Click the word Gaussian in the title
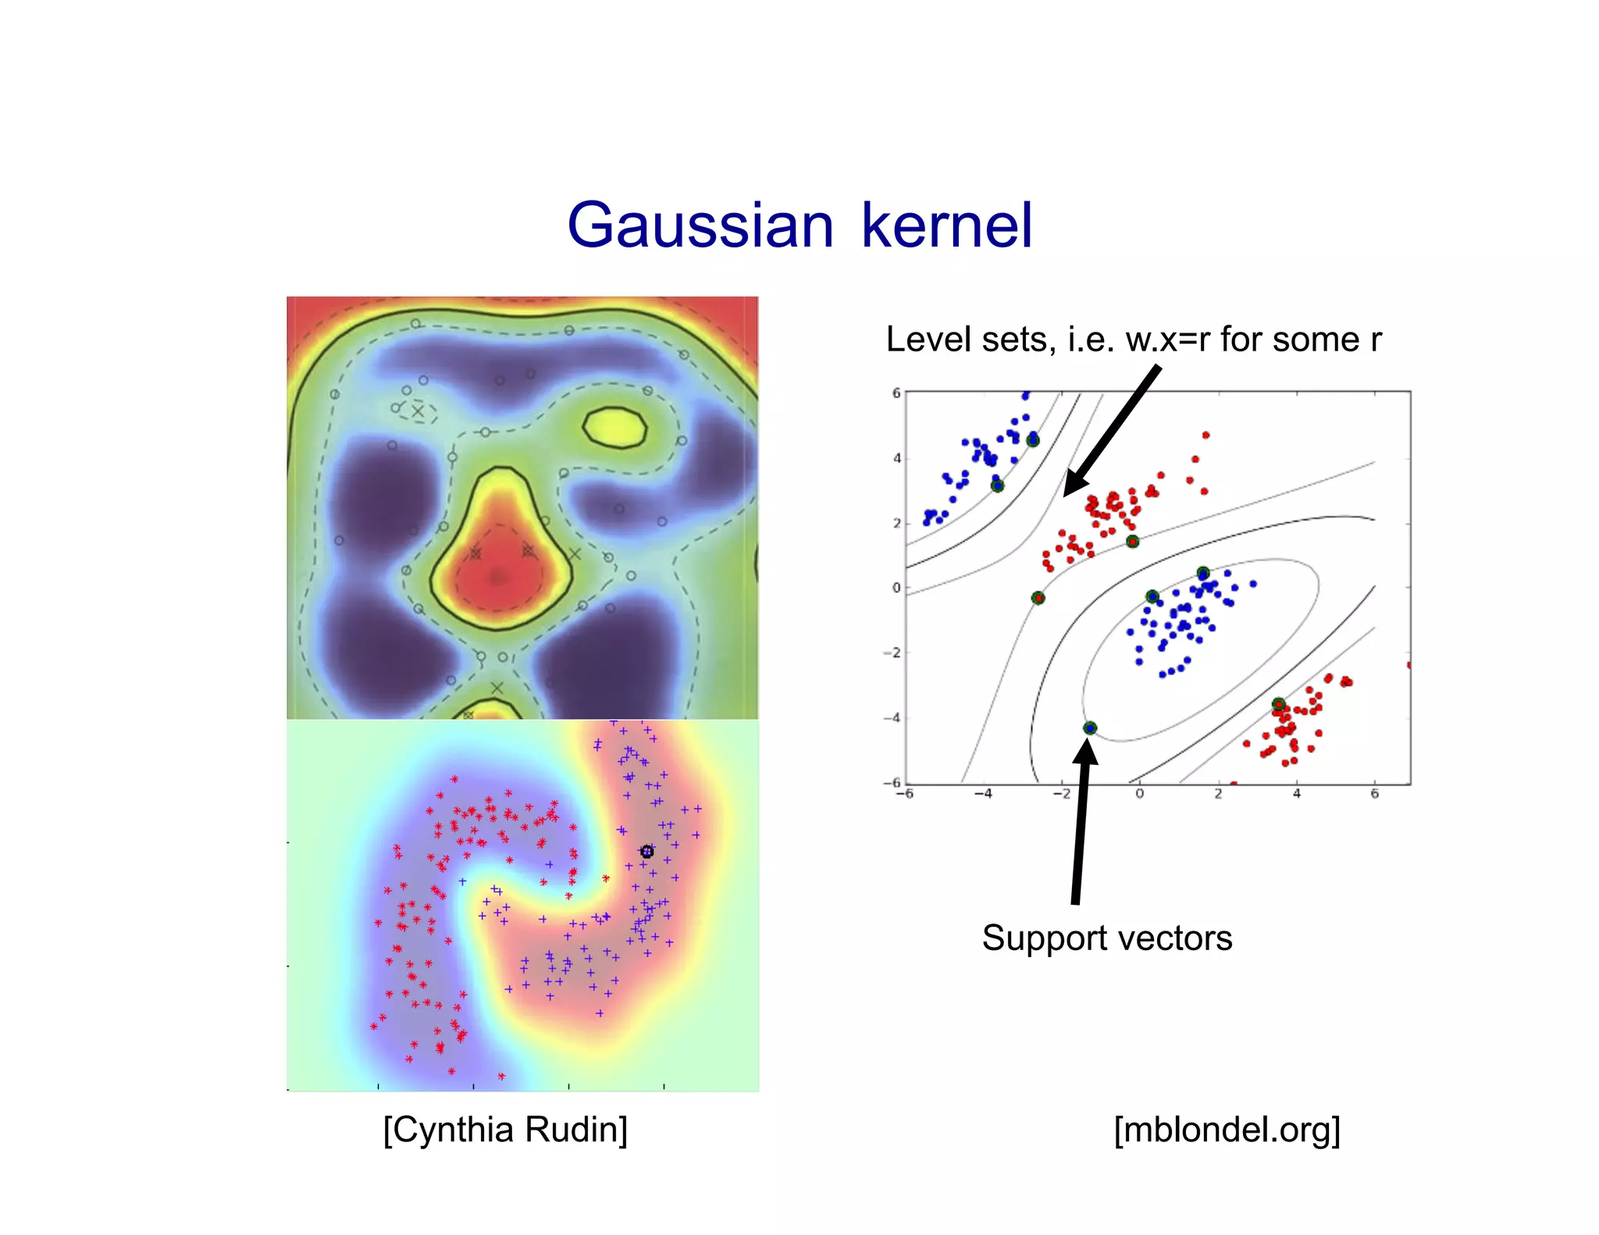pyautogui.click(x=700, y=226)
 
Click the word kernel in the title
pyautogui.click(x=946, y=226)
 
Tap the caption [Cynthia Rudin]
pyautogui.click(x=505, y=1130)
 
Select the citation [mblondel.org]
pyautogui.click(x=1227, y=1130)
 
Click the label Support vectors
pyautogui.click(x=1106, y=938)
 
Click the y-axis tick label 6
pyautogui.click(x=896, y=393)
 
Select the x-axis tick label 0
pyautogui.click(x=1139, y=794)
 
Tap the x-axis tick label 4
pyautogui.click(x=1296, y=794)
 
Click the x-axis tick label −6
pyautogui.click(x=904, y=794)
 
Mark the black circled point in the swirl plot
pyautogui.click(x=646, y=852)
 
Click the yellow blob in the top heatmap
pyautogui.click(x=615, y=428)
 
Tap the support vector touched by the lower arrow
pyautogui.click(x=1090, y=728)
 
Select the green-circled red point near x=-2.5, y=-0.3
pyautogui.click(x=1038, y=598)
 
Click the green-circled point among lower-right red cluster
pyautogui.click(x=1278, y=705)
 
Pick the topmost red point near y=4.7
pyautogui.click(x=1205, y=435)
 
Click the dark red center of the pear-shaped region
pyautogui.click(x=497, y=577)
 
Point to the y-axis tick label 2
pyautogui.click(x=896, y=523)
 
